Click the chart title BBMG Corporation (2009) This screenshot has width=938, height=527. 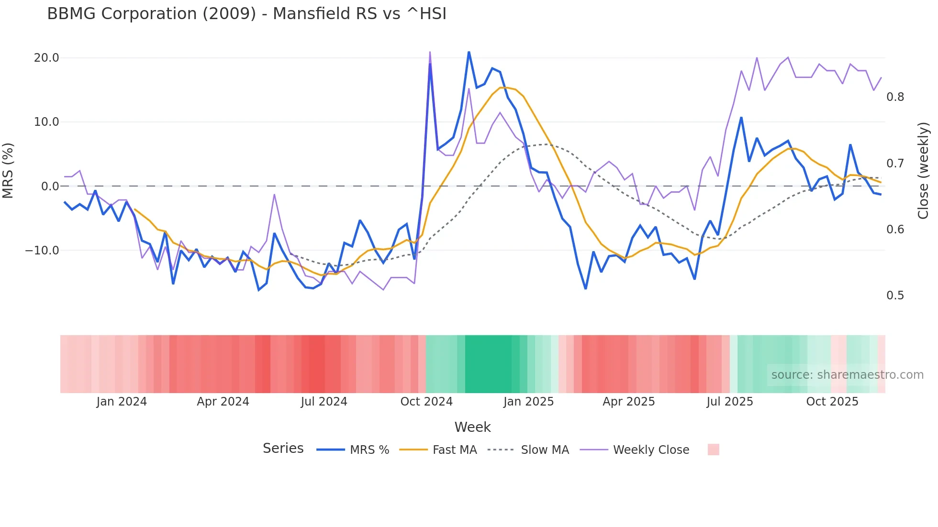(246, 13)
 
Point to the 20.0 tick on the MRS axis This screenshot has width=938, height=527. (46, 58)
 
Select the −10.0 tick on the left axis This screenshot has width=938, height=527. (42, 251)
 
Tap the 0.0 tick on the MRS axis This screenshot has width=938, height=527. (50, 187)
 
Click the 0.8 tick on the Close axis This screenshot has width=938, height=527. (895, 97)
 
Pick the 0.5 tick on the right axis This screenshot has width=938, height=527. (895, 296)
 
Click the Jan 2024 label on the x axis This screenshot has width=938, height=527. (122, 402)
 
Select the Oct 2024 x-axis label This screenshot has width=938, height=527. (426, 402)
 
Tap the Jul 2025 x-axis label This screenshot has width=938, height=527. (730, 402)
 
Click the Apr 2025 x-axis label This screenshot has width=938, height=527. (628, 402)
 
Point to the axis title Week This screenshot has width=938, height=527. (472, 427)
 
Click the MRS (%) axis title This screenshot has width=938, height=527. (8, 171)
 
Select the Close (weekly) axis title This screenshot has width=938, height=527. (923, 171)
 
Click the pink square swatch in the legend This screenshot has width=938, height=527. (713, 450)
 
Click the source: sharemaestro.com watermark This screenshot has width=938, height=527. (847, 375)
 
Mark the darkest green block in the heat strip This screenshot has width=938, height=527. (488, 364)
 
